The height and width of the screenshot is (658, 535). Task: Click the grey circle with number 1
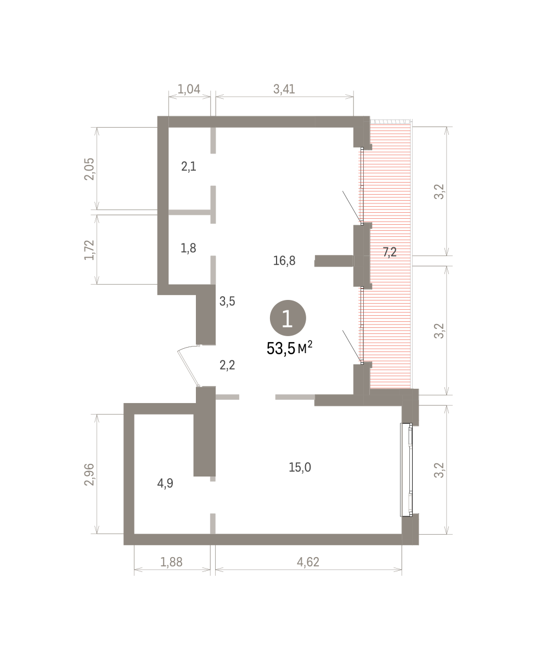[288, 318]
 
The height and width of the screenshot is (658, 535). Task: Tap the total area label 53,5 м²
[289, 348]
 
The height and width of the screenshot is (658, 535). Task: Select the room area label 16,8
[284, 260]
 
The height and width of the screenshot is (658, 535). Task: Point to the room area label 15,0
[300, 467]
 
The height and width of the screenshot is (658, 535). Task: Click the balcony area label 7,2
[390, 252]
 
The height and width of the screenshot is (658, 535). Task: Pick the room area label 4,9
[165, 483]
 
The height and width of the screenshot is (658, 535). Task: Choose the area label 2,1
[189, 167]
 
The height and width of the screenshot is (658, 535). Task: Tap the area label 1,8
[188, 248]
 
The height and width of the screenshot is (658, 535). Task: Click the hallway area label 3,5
[227, 301]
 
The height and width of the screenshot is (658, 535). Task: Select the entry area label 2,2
[227, 365]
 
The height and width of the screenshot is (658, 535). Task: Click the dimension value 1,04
[189, 89]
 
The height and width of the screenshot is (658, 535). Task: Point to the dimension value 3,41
[284, 89]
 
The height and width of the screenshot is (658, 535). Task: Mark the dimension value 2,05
[89, 169]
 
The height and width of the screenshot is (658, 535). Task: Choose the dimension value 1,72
[89, 249]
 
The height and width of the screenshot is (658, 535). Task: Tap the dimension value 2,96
[89, 474]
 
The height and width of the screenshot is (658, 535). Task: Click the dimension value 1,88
[171, 562]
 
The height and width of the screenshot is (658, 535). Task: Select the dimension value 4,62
[308, 562]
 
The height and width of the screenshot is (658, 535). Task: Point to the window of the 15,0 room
[406, 469]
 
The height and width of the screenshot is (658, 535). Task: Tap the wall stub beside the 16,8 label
[334, 260]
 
